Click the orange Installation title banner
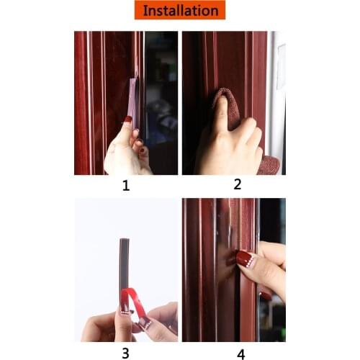pyautogui.click(x=179, y=10)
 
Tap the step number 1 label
pyautogui.click(x=126, y=186)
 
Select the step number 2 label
pyautogui.click(x=237, y=184)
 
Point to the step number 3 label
pyautogui.click(x=125, y=353)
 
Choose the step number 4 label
pyautogui.click(x=240, y=354)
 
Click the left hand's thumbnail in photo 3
pyautogui.click(x=122, y=310)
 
